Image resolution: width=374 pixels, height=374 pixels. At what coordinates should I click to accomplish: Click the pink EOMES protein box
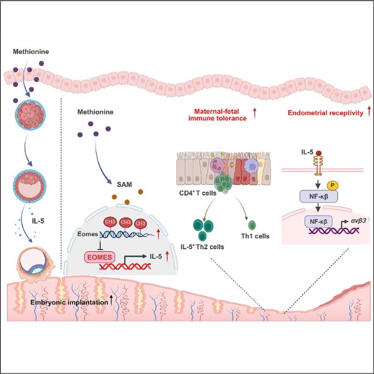click(100, 257)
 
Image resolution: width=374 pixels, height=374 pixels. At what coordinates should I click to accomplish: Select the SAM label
click(124, 184)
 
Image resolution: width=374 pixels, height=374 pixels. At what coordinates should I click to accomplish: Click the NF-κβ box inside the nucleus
click(318, 222)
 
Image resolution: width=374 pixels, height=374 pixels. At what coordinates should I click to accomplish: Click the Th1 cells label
click(255, 236)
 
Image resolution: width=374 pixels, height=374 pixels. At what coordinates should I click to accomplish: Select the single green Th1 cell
click(252, 225)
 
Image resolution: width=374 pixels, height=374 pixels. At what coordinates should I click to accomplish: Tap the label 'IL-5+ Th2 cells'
click(203, 247)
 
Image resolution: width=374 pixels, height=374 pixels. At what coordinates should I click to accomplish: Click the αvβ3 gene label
click(358, 220)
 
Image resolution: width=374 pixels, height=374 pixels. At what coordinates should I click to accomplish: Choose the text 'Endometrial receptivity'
click(325, 113)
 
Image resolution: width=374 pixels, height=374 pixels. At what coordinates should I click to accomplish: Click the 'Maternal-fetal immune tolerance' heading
click(217, 115)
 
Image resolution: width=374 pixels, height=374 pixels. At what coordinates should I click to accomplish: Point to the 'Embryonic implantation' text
click(69, 302)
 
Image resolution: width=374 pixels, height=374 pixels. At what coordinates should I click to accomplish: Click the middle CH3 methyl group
click(125, 222)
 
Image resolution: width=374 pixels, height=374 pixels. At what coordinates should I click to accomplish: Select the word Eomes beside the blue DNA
click(87, 234)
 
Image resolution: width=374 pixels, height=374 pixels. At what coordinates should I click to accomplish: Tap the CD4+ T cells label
click(198, 193)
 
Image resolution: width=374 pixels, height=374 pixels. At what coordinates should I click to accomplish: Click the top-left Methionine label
click(30, 52)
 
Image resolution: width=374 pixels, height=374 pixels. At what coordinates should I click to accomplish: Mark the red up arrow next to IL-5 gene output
click(167, 256)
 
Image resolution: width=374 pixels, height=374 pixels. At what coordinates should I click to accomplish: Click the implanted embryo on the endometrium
click(35, 264)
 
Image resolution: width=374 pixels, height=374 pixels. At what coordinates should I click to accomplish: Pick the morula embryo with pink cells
click(30, 115)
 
